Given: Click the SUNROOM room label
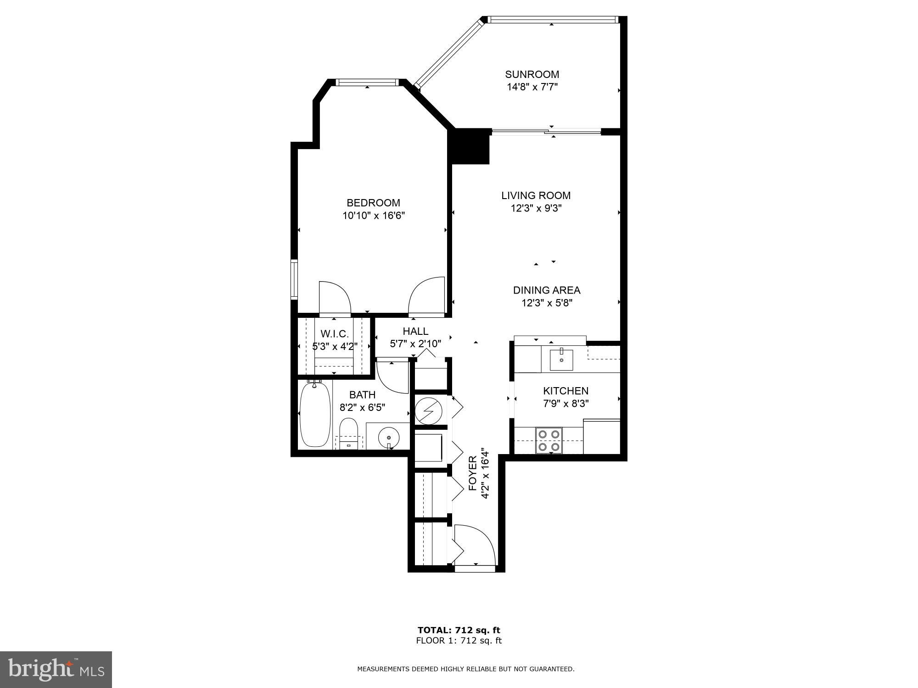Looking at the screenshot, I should [532, 74].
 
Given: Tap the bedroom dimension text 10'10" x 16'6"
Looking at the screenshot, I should [374, 216].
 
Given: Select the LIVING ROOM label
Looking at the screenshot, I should [536, 195].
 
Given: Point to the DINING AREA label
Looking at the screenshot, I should [546, 290].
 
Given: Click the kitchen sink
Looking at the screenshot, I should [561, 360].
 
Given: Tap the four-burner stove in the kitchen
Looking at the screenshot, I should [549, 440].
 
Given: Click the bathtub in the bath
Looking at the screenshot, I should [315, 415].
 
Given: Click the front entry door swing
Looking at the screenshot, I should [475, 546].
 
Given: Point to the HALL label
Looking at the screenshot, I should [415, 331].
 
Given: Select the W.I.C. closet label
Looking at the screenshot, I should [335, 334].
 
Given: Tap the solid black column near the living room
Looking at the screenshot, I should [469, 146].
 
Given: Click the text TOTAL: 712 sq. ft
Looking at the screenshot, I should [459, 630].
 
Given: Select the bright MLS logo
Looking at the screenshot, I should [56, 670].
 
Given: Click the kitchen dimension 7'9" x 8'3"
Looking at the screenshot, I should [565, 404].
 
